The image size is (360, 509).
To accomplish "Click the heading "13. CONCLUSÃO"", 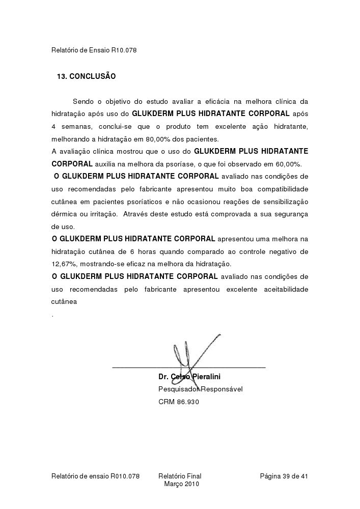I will coord(86,76).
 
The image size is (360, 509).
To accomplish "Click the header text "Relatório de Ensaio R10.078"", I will coord(94,50).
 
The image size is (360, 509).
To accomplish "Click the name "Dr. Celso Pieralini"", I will coord(189,377).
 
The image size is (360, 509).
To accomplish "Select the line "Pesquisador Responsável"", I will coord(201,389).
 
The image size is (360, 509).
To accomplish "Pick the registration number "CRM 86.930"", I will coord(179,402).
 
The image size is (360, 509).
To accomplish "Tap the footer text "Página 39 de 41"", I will coord(284,476).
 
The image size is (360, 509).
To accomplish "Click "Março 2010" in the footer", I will coord(182,484).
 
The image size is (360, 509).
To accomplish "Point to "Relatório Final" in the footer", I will coord(180,476).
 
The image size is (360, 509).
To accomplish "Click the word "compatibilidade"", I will coord(283,189).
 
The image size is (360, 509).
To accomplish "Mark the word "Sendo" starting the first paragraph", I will coord(82,101).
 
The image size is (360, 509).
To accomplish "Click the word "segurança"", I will coord(290,214).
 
